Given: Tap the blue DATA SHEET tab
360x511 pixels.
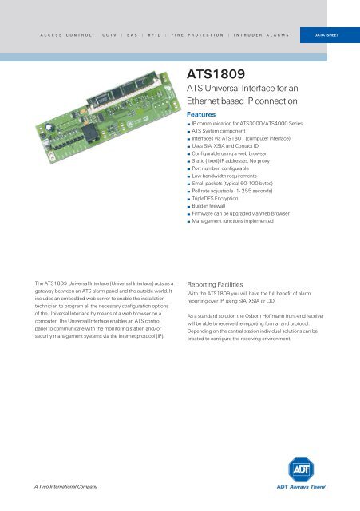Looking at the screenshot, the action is click(328, 36).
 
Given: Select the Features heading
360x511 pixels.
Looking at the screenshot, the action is click(202, 115).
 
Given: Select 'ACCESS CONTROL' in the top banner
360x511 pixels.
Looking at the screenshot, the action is click(65, 36).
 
